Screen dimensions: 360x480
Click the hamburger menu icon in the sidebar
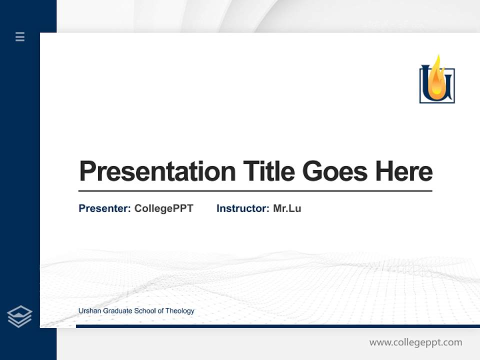coord(20,36)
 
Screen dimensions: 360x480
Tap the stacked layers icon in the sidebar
coord(19,316)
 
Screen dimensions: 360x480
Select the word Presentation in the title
coord(157,171)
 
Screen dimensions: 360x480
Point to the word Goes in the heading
coord(335,171)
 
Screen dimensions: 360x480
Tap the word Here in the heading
coord(403,171)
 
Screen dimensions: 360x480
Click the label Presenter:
coord(104,208)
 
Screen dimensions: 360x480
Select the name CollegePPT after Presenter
coord(163,208)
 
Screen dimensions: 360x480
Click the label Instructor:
coord(242,208)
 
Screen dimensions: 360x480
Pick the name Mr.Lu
coord(287,208)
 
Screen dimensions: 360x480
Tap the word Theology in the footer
coord(180,311)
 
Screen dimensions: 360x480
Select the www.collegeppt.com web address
coord(415,342)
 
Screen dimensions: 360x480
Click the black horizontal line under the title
coord(255,190)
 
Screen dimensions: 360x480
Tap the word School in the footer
coord(144,311)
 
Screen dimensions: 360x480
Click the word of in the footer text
coord(160,311)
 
